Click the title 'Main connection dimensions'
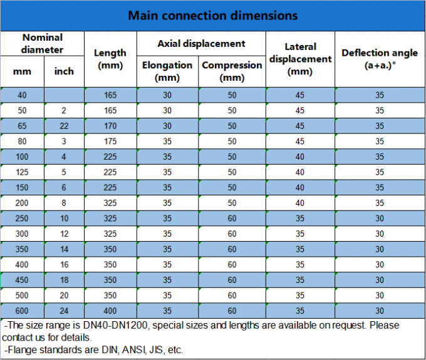(213, 16)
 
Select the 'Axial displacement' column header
(201, 43)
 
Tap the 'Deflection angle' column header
(380, 53)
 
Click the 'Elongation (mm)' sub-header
(167, 71)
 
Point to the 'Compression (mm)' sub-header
(232, 71)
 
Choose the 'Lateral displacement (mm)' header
(300, 59)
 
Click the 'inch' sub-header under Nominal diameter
(64, 71)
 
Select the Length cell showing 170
(110, 126)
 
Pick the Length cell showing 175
(110, 141)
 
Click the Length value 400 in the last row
(110, 311)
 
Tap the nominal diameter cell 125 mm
(22, 172)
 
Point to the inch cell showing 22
(64, 126)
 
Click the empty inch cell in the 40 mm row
(64, 95)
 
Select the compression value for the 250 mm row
(232, 219)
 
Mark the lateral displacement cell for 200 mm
(300, 203)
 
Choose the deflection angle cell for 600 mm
(380, 311)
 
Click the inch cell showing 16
(64, 264)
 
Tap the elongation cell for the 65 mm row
(167, 126)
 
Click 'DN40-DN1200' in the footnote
(115, 325)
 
